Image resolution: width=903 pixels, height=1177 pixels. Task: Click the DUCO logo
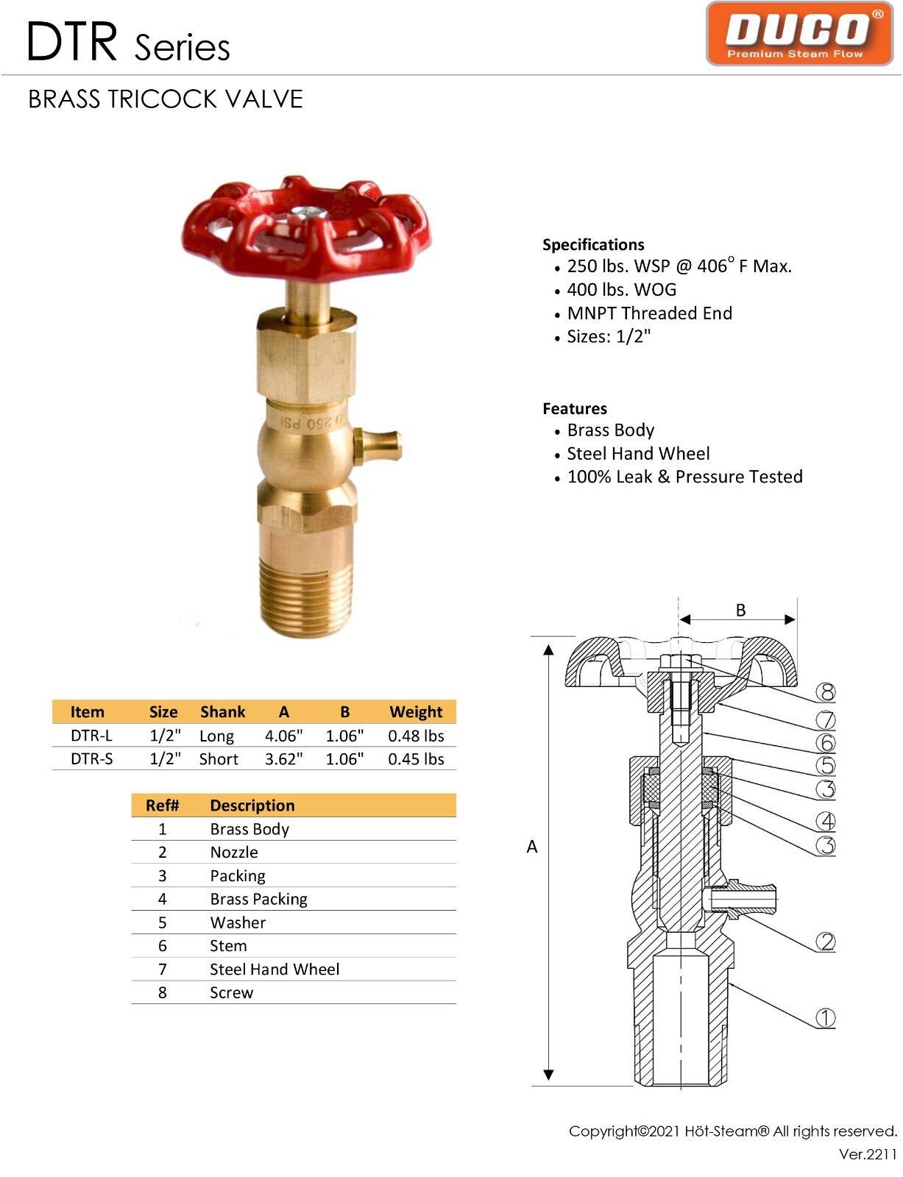pos(799,34)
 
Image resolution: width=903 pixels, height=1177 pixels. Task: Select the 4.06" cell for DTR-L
pos(283,736)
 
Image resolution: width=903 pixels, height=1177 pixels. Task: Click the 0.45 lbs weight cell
pos(416,759)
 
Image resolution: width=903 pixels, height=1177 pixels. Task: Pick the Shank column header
pos(222,712)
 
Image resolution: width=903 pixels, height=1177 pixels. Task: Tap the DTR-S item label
pos(92,759)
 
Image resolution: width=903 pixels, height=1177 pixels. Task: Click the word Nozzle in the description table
pos(234,853)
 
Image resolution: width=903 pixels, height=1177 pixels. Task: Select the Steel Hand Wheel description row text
pos(275,970)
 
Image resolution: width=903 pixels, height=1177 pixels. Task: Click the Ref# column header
pos(162,806)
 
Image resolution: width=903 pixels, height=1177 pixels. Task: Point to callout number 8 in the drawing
pos(826,692)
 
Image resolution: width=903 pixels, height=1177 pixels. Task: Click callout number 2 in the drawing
pos(826,942)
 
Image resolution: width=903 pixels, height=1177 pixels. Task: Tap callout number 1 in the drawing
pos(826,1018)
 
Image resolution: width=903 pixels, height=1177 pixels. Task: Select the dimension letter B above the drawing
pos(740,610)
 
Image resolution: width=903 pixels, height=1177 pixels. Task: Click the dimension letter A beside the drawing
pos(532,847)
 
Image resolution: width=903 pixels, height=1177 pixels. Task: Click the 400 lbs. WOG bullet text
pos(621,290)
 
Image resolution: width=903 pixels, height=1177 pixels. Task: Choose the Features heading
pos(575,409)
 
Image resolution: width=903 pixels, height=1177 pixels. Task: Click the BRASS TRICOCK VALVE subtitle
pos(166,99)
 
